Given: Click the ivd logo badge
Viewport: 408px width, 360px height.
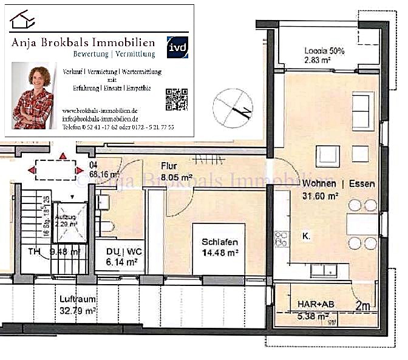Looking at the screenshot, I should [x=177, y=47].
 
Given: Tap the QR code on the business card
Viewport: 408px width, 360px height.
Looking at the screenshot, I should [x=176, y=99].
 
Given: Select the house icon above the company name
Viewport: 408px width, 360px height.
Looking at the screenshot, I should [x=23, y=21].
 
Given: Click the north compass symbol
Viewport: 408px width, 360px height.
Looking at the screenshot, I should [x=233, y=106].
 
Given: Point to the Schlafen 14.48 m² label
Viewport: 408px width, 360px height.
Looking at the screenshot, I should [x=220, y=246].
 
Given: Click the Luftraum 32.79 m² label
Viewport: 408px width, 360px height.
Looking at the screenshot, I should [x=78, y=305].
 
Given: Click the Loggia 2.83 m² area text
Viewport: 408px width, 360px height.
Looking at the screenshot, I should [x=324, y=56].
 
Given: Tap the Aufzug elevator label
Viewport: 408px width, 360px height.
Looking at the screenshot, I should [x=64, y=220].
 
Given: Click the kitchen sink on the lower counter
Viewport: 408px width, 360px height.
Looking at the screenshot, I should [x=330, y=270].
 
